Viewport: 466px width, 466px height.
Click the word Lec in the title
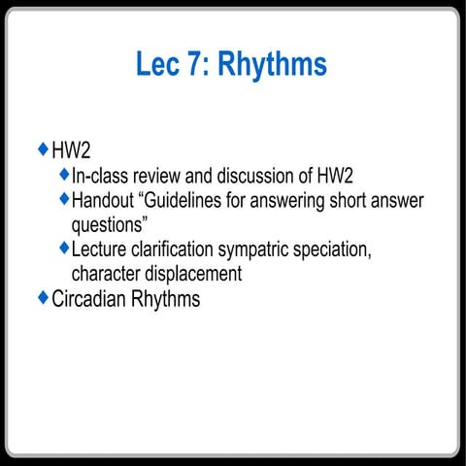tap(161, 65)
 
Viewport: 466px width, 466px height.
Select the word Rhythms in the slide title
tap(272, 65)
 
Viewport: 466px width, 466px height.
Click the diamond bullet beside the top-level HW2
tap(42, 150)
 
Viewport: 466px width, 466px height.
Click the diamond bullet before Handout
tap(64, 199)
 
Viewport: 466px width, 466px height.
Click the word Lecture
tap(102, 250)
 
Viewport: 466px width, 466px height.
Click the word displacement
tap(193, 275)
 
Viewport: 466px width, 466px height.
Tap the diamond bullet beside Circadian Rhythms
tap(42, 297)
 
